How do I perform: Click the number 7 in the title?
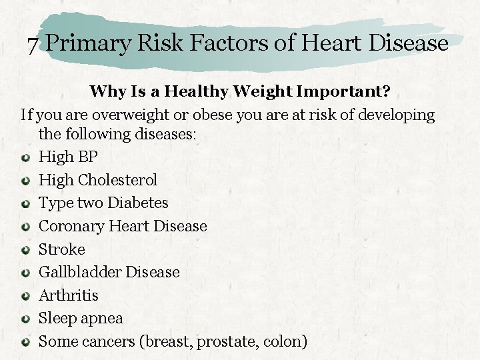click(33, 45)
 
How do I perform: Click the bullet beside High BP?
click(25, 157)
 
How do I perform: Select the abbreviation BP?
click(87, 157)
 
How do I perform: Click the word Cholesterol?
click(117, 180)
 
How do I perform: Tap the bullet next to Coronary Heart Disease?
click(25, 227)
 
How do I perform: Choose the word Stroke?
click(62, 249)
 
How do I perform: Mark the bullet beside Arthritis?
click(25, 295)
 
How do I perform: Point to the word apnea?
click(101, 319)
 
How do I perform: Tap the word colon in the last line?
click(285, 341)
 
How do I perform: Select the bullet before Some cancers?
click(25, 342)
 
